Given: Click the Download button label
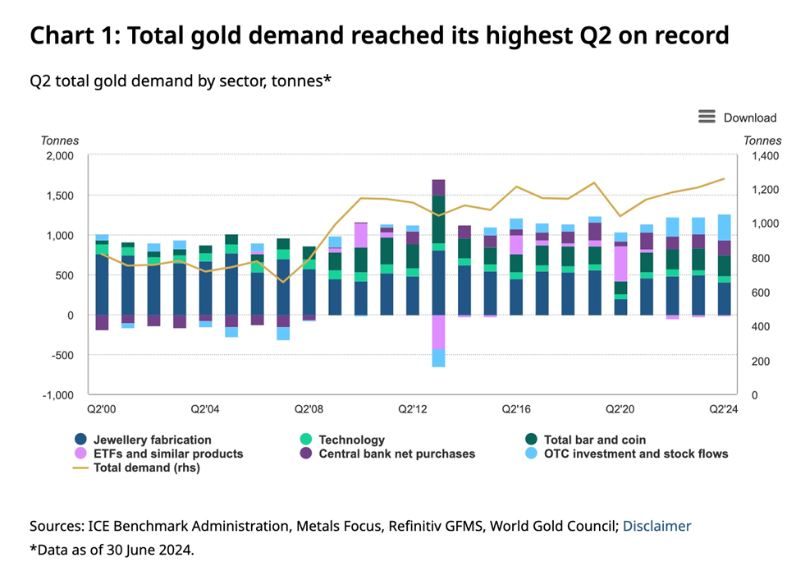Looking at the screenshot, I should (x=749, y=117).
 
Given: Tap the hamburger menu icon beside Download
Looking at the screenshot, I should (x=707, y=117).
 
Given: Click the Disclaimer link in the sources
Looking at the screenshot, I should (x=656, y=526).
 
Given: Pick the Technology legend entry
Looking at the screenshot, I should (x=351, y=440).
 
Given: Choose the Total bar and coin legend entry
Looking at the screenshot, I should (x=594, y=440).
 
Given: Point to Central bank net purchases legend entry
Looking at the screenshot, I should (x=396, y=453).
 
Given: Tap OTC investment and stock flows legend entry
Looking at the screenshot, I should (x=636, y=453).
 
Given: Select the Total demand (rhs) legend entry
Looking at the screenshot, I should (x=146, y=467).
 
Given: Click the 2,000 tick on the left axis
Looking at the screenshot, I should (x=59, y=155).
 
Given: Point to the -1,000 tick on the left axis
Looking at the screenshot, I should (x=57, y=395).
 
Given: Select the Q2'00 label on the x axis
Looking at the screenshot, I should (x=102, y=408).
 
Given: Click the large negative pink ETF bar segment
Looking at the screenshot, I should (x=438, y=333).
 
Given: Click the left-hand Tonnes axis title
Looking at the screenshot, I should (x=60, y=140).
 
